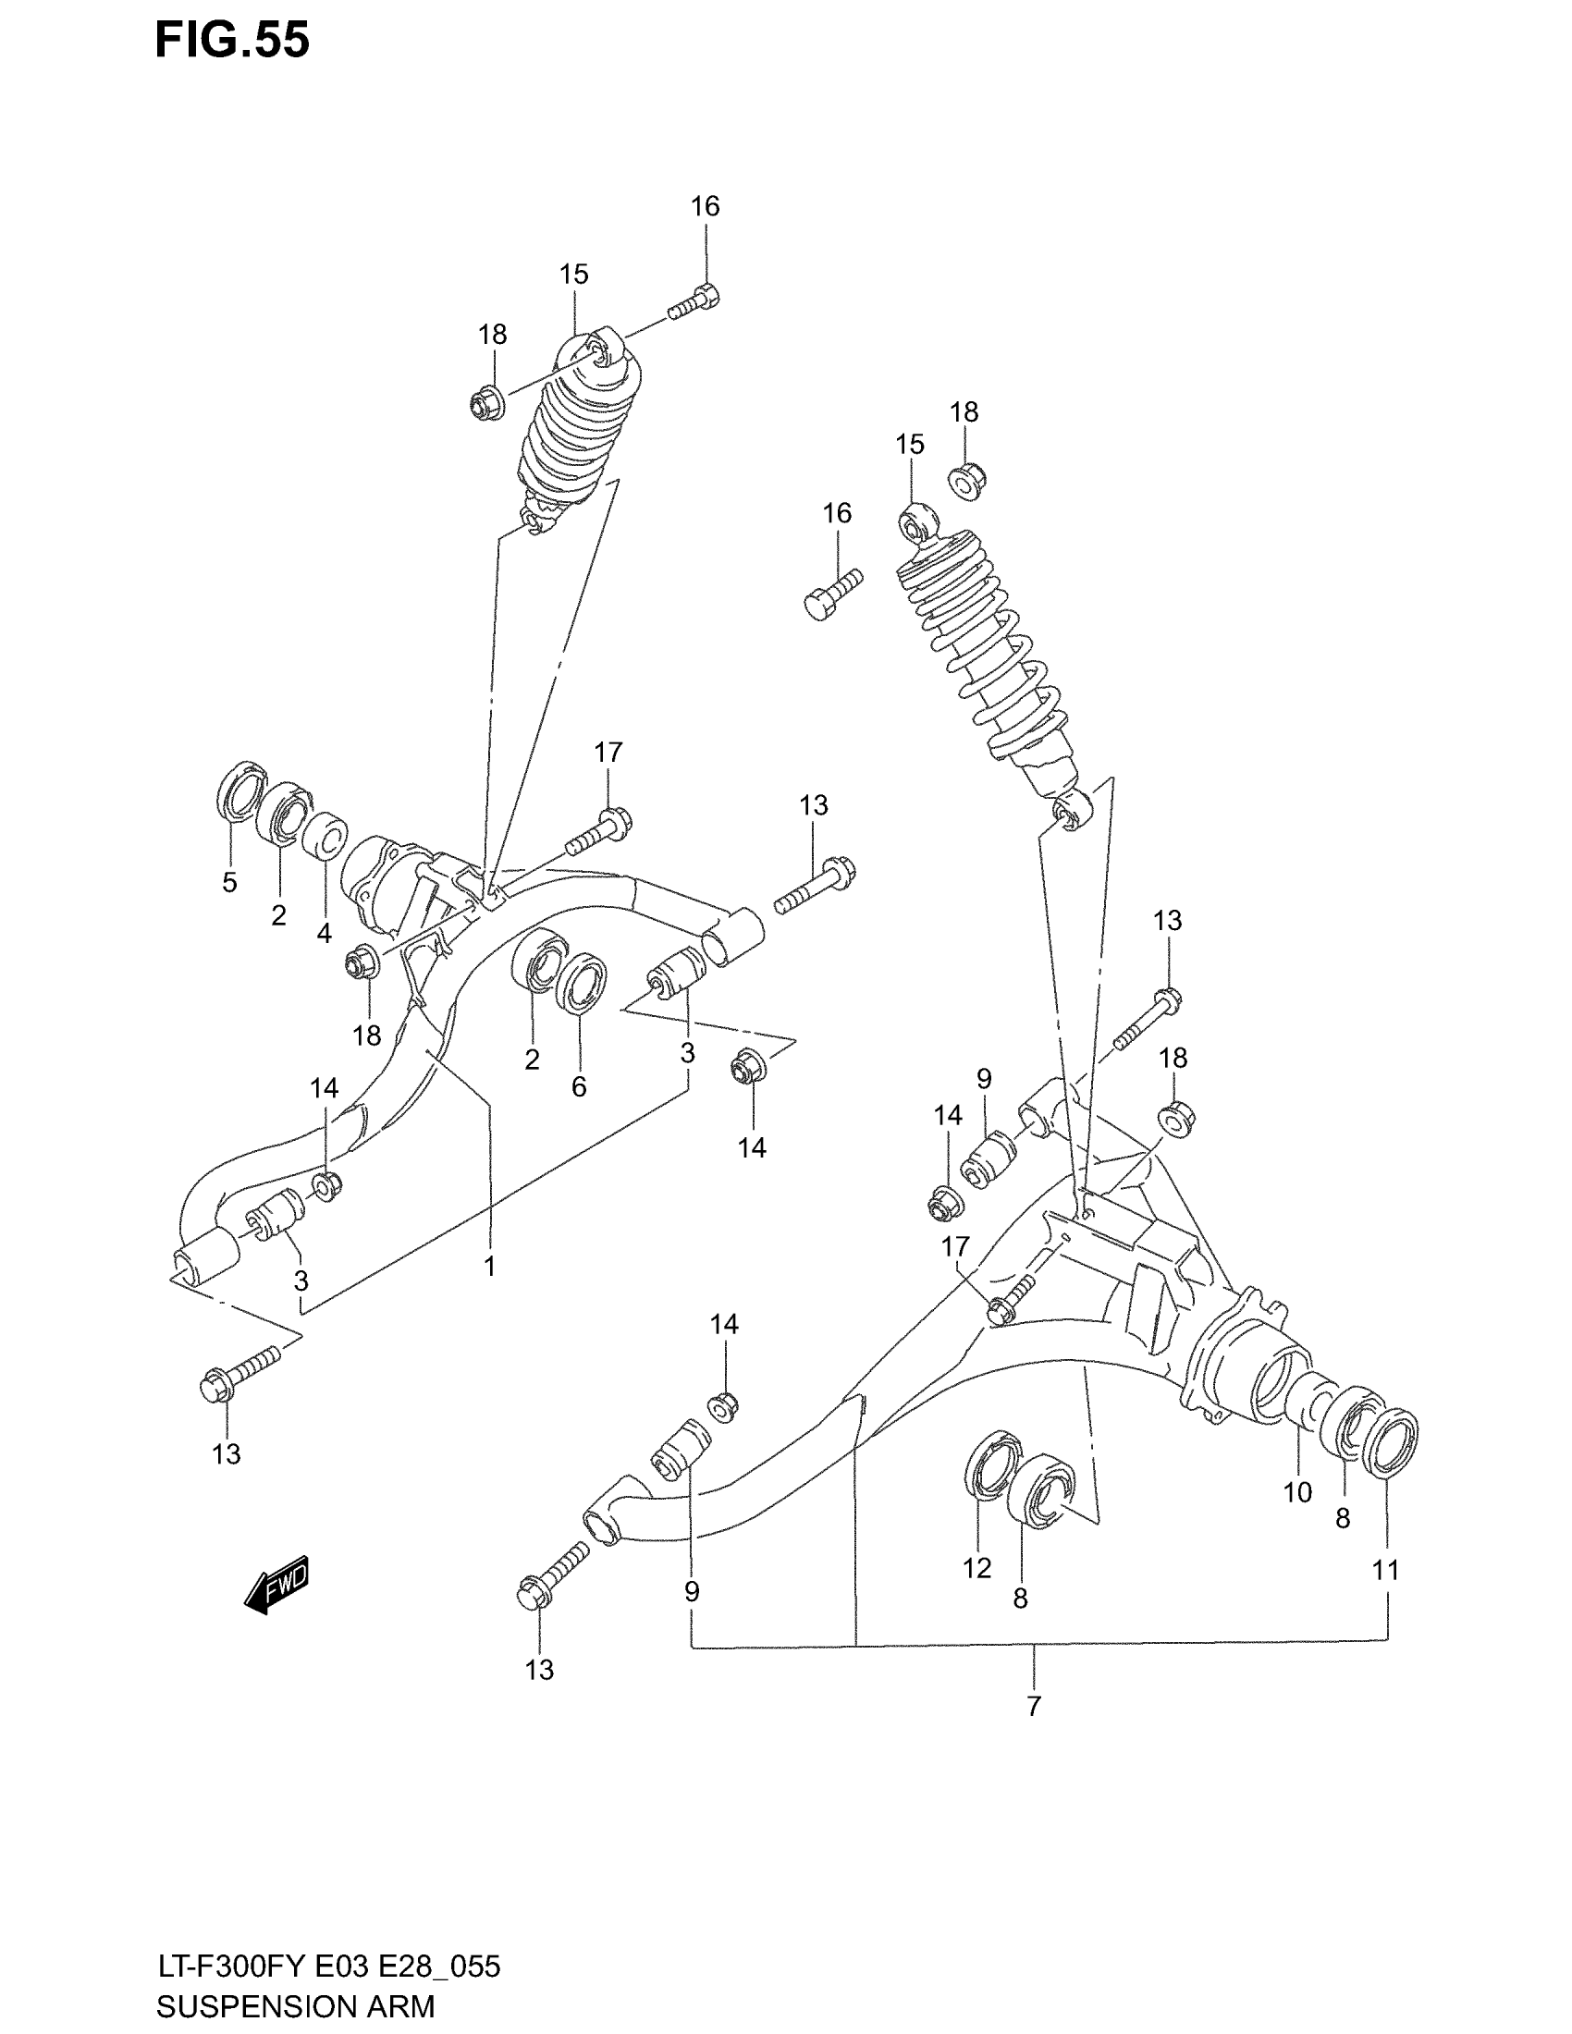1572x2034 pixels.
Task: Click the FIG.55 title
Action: tap(232, 41)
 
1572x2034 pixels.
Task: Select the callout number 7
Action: tap(1033, 1706)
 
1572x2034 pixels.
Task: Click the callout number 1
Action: tap(489, 1266)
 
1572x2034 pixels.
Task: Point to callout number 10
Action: tap(1297, 1492)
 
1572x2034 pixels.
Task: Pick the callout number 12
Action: tap(976, 1568)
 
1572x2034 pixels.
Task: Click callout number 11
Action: tap(1386, 1570)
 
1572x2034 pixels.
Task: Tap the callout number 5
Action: tap(230, 881)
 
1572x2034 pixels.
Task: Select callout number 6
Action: tap(578, 1086)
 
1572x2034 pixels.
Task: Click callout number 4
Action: tap(324, 932)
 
